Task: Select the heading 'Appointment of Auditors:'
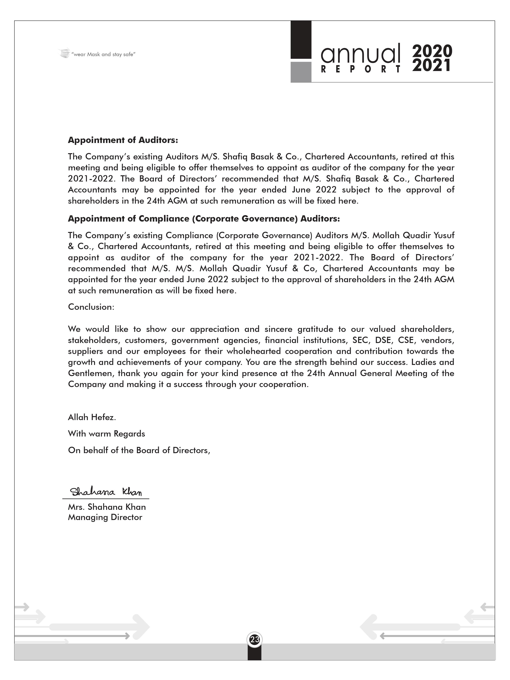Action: pyautogui.click(x=123, y=140)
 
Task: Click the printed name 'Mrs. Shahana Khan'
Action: pyautogui.click(x=107, y=507)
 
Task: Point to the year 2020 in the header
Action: pyautogui.click(x=432, y=51)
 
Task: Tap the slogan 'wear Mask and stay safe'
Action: pyautogui.click(x=103, y=54)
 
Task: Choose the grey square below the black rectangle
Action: pyautogui.click(x=301, y=72)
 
